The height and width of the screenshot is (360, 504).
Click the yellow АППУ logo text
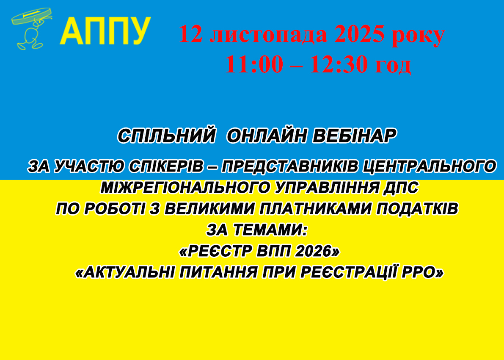[x=105, y=30]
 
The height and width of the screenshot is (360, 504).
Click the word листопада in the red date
[x=268, y=34]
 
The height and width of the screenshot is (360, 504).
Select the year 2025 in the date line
[x=359, y=34]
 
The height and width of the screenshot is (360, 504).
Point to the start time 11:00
[x=254, y=65]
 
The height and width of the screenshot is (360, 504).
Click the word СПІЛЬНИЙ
[x=166, y=136]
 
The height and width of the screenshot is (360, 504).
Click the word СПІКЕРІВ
[x=167, y=166]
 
